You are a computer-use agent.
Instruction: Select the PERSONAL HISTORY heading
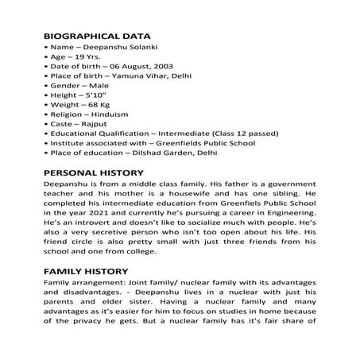93,172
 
